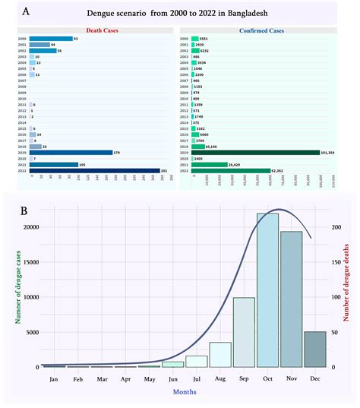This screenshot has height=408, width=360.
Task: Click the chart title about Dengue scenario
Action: (x=180, y=14)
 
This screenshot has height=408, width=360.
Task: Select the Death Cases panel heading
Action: (x=95, y=30)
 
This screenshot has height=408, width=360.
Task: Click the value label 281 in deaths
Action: (x=166, y=171)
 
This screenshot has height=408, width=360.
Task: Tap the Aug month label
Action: (x=220, y=378)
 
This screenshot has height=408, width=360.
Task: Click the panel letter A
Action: (x=27, y=12)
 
